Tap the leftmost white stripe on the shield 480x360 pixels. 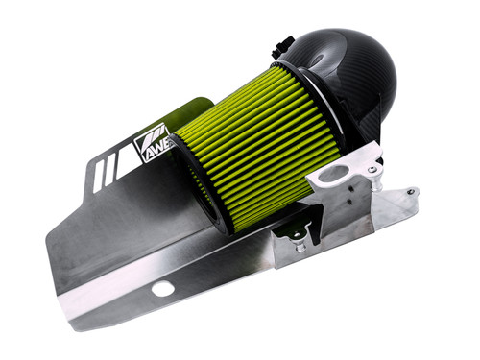[x=99, y=172]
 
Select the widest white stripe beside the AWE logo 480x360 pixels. [x=123, y=160]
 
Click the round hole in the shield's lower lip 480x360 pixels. [x=163, y=288]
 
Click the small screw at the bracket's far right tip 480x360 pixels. [x=411, y=191]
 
